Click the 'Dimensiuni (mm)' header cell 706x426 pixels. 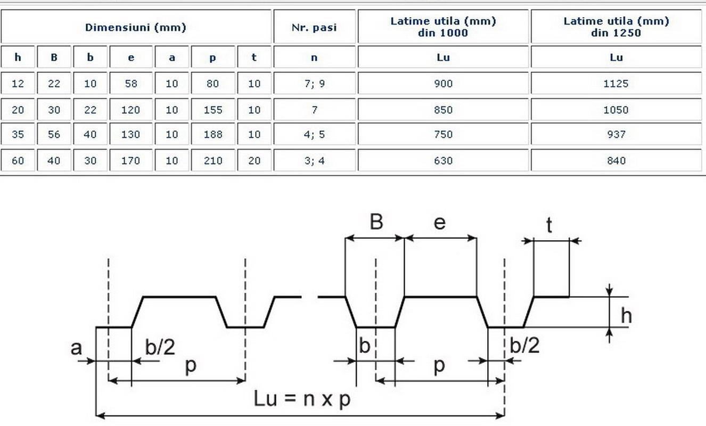tap(136, 27)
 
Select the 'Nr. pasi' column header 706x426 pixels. tap(314, 27)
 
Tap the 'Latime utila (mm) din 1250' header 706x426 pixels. tap(616, 27)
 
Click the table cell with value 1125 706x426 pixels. tap(616, 83)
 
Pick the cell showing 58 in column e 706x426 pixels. tap(131, 83)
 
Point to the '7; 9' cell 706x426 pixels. tap(314, 83)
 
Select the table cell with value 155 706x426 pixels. tap(213, 109)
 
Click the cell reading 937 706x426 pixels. tap(616, 134)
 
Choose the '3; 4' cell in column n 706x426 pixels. tap(314, 160)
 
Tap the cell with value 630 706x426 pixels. tap(443, 160)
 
